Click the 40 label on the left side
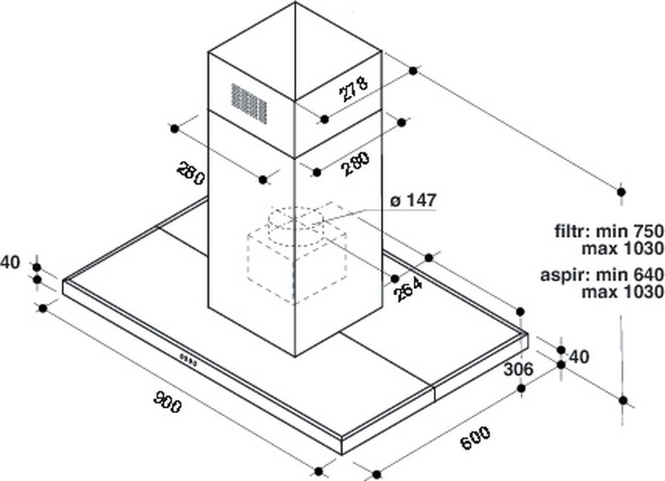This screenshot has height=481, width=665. click(x=10, y=262)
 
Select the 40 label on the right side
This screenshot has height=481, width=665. click(x=579, y=357)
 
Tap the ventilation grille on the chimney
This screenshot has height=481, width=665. click(x=249, y=100)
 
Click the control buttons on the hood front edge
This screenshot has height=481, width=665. click(x=188, y=361)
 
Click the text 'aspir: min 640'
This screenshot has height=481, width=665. click(x=601, y=276)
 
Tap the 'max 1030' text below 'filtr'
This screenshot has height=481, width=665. click(x=622, y=247)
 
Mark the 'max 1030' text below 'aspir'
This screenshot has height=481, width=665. click(x=622, y=293)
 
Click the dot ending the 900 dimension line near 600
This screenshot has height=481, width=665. click(x=319, y=471)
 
